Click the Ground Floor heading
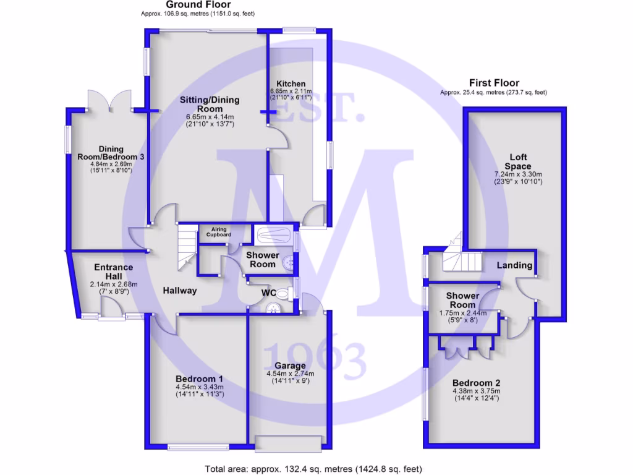point(198,4)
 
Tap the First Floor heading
point(494,83)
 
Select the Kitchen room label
point(291,84)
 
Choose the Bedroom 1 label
point(199,379)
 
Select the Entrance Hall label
point(113,272)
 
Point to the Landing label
point(515,265)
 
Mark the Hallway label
point(180,290)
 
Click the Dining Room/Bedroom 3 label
point(111,153)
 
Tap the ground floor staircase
point(186,247)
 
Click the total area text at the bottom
point(313,468)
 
